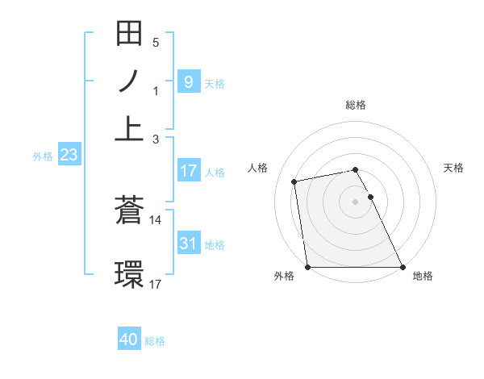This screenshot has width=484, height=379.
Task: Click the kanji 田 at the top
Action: tap(130, 35)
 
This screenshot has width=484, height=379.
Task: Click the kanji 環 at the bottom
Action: tap(130, 273)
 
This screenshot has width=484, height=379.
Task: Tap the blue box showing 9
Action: tap(188, 81)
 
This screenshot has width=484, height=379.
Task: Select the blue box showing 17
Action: tap(188, 171)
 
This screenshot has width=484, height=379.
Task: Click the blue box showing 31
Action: tap(188, 244)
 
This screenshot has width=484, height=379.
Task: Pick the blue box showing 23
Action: tap(68, 156)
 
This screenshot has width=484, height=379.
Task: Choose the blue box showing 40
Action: tap(129, 339)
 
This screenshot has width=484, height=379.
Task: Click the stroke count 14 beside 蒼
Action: tap(155, 219)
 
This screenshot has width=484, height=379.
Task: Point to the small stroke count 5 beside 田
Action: tap(156, 43)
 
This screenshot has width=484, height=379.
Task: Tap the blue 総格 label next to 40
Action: tap(155, 341)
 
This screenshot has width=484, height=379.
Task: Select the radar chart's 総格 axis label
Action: tap(356, 105)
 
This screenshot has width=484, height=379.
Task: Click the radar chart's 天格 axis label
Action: tap(454, 168)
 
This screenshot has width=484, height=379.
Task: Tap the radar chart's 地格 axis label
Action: tap(423, 277)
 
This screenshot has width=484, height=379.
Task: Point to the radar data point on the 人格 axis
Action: tap(295, 181)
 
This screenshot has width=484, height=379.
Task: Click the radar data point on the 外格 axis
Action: tap(308, 267)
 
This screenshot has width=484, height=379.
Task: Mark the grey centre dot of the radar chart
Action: tap(356, 201)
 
